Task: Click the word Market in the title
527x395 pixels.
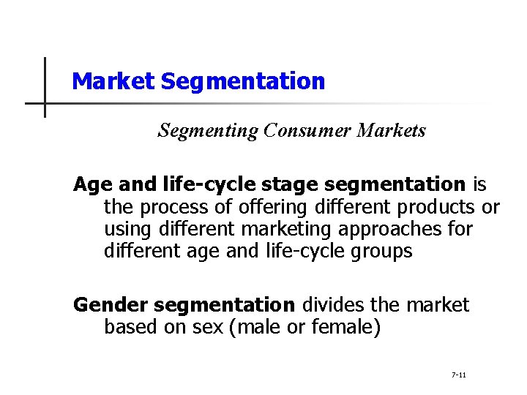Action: click(x=113, y=81)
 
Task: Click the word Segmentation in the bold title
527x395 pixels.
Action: click(x=242, y=81)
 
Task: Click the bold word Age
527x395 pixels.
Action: click(x=89, y=185)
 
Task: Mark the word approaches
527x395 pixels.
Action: click(x=394, y=229)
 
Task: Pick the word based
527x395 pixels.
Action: click(x=129, y=327)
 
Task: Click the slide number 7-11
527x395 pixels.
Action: click(x=459, y=375)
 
